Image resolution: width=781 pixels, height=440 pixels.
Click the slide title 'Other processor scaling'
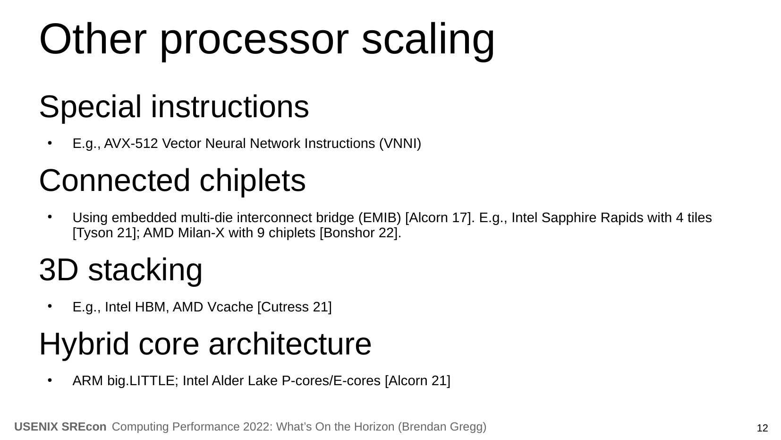click(267, 39)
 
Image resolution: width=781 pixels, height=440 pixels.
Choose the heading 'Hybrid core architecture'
click(205, 344)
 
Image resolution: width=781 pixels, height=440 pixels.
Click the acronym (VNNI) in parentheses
click(400, 144)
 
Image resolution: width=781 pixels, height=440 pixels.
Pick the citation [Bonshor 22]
click(360, 233)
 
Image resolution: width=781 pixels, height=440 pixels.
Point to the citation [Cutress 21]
click(294, 307)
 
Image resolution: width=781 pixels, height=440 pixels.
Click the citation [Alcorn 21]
click(417, 381)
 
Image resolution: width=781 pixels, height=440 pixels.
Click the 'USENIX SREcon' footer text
click(60, 427)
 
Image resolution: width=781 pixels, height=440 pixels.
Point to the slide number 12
click(762, 429)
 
